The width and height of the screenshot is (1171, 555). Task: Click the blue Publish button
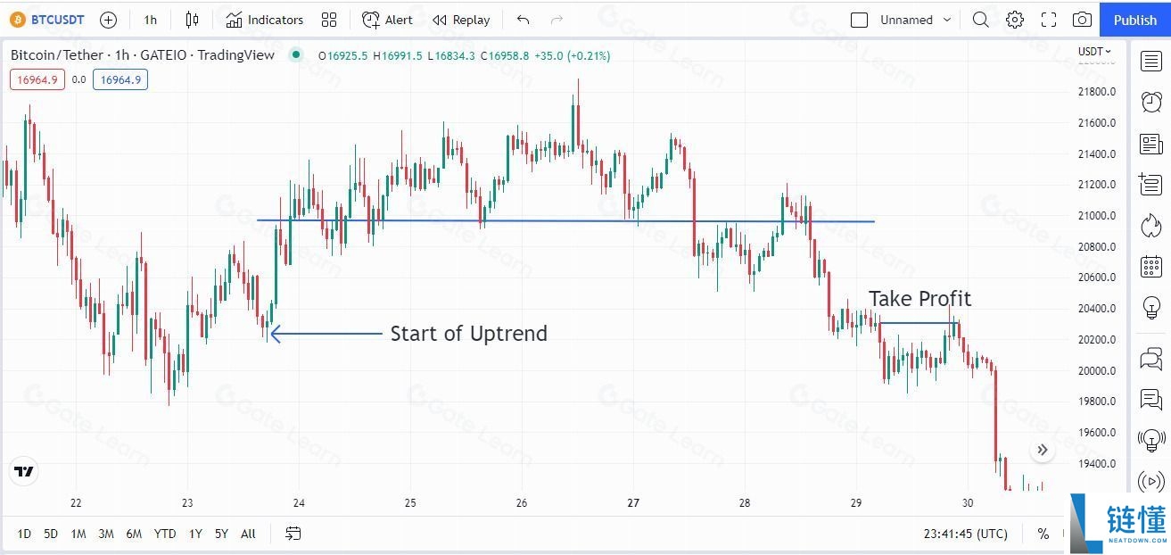tap(1135, 20)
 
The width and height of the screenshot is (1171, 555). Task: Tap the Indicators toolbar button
tap(265, 20)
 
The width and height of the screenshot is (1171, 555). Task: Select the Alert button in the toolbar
tap(387, 20)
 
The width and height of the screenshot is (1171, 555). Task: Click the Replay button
tap(461, 20)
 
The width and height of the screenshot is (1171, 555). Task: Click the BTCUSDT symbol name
tap(57, 20)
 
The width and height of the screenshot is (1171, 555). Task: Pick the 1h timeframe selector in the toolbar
tap(151, 20)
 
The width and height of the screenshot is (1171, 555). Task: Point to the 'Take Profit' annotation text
tap(920, 299)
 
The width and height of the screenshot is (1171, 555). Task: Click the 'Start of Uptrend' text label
tap(469, 334)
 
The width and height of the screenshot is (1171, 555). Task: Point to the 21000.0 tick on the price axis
tap(1097, 216)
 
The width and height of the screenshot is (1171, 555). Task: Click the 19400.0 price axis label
tap(1097, 463)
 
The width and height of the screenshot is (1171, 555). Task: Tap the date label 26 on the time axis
tap(521, 502)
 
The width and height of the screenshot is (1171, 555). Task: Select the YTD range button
tap(165, 534)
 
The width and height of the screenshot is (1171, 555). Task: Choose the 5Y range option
tap(222, 534)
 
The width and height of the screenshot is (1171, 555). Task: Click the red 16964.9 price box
tap(37, 80)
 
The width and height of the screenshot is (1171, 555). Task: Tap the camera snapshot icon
tap(1082, 20)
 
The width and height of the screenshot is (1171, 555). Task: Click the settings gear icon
tap(1015, 20)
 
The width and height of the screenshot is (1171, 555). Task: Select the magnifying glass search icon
tap(981, 20)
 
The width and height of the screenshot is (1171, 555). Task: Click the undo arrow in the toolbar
tap(523, 20)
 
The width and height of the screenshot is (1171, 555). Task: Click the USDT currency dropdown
tap(1094, 51)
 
